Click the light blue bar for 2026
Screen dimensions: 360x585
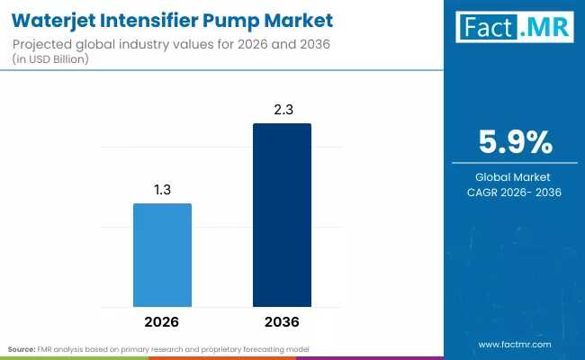pos(163,255)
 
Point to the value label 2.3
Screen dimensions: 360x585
pos(282,109)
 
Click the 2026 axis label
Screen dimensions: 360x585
pos(163,321)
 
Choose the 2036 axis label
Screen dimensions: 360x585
pos(282,321)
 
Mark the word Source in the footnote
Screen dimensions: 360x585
pos(22,348)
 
